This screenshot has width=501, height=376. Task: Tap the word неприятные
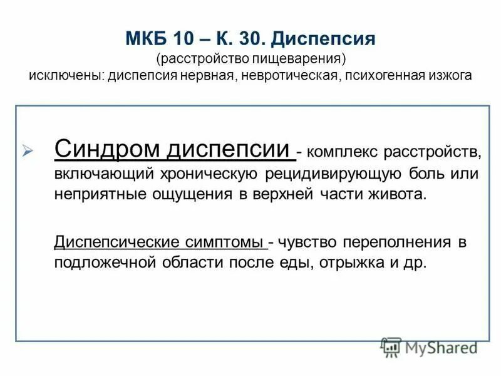click(100, 194)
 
